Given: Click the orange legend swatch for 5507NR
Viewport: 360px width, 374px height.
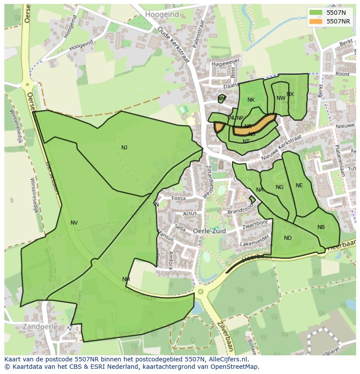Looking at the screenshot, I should coord(316,21).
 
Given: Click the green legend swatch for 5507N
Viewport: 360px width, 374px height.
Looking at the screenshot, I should coord(316,13).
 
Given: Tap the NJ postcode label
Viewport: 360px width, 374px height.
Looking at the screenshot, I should coord(124,148).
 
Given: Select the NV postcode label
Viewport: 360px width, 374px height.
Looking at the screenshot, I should coord(74,223).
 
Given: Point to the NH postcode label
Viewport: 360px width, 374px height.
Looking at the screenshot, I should coord(126,279).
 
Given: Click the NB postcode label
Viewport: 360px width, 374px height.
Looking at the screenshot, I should coord(321,227).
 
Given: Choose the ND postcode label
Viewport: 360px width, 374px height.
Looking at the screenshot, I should coord(287,238).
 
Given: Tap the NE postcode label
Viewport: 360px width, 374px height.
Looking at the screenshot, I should coord(299,185).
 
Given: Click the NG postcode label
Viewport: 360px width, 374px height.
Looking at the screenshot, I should coord(280,187).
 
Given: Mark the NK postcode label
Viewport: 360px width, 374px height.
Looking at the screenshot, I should coord(251,100).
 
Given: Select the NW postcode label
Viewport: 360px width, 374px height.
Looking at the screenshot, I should coord(281,98).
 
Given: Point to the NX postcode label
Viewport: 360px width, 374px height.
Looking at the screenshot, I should coord(290,94).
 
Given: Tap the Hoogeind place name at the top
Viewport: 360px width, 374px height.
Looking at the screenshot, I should coord(162,14).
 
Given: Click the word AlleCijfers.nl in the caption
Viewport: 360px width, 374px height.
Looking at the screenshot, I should coord(227,359).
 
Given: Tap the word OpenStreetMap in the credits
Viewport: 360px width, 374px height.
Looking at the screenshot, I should coord(235,367).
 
